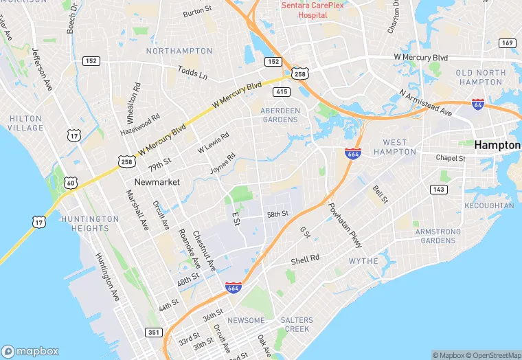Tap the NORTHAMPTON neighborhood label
(x=179, y=51)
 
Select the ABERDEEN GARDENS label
(x=280, y=115)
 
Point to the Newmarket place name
(x=157, y=182)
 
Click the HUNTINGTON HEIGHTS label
(x=85, y=223)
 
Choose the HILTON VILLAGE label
(x=26, y=123)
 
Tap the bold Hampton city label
(x=497, y=145)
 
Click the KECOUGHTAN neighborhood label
(x=489, y=205)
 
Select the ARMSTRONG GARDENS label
(x=438, y=236)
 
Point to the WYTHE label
(x=363, y=261)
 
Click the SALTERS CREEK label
(x=297, y=325)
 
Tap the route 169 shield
(x=508, y=43)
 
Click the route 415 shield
(x=280, y=91)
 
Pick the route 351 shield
(x=155, y=333)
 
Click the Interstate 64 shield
(x=478, y=104)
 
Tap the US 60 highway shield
(x=71, y=183)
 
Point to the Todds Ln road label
(x=192, y=72)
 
